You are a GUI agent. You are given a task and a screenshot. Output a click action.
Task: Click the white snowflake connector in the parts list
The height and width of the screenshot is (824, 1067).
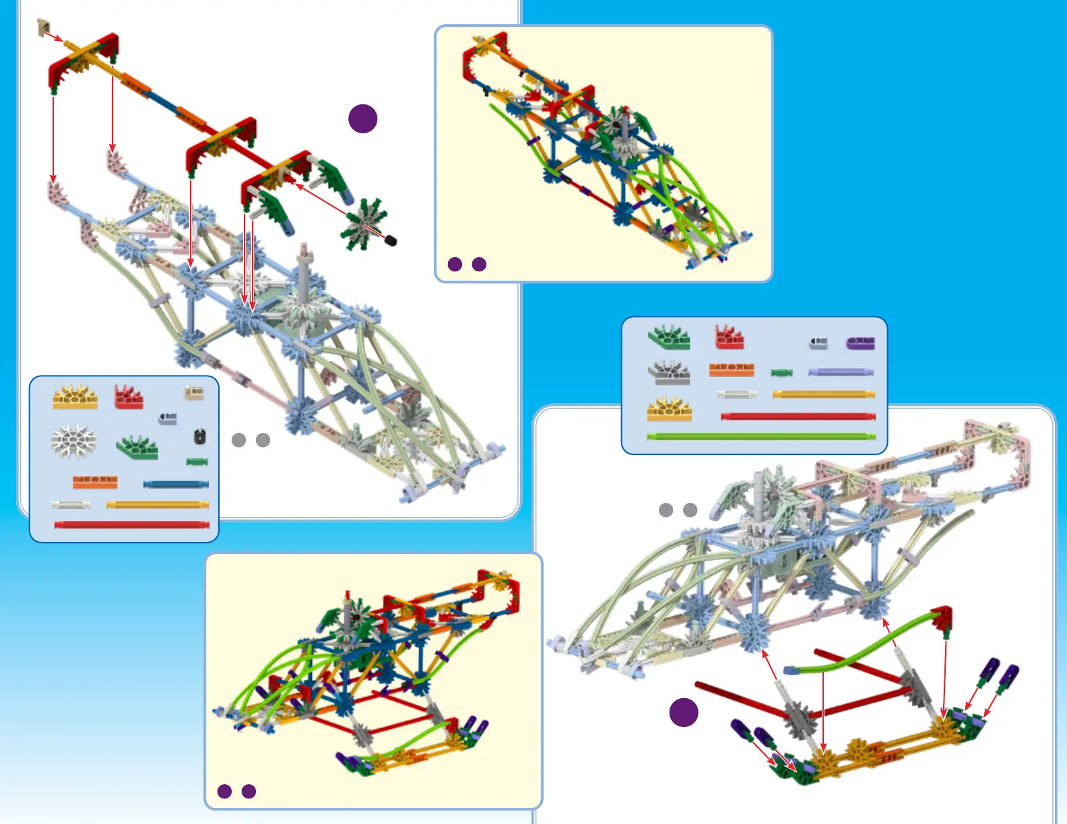pyautogui.click(x=73, y=442)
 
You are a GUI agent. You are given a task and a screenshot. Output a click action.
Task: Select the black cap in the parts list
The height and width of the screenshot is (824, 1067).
pyautogui.click(x=199, y=437)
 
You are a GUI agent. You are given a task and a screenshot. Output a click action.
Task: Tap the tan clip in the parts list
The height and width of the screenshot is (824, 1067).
pyautogui.click(x=194, y=393)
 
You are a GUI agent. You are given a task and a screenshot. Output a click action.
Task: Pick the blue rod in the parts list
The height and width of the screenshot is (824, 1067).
pyautogui.click(x=176, y=484)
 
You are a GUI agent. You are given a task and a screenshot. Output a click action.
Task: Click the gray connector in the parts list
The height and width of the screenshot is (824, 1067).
pyautogui.click(x=669, y=372)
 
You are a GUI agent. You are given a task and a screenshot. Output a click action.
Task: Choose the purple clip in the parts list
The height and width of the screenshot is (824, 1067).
pyautogui.click(x=860, y=343)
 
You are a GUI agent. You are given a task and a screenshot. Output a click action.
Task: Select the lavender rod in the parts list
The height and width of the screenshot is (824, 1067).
pyautogui.click(x=841, y=372)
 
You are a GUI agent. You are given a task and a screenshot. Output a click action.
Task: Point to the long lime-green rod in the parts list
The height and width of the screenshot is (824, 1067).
pyautogui.click(x=761, y=437)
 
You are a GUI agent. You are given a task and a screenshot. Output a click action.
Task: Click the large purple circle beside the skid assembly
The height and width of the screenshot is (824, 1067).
pyautogui.click(x=684, y=712)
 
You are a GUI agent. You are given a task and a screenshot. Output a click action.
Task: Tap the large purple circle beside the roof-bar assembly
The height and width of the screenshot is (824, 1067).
pyautogui.click(x=362, y=118)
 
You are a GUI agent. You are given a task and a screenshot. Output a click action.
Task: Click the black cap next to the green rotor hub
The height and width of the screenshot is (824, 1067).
pyautogui.click(x=391, y=240)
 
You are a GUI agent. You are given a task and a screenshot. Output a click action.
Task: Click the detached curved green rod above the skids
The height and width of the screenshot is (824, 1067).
pyautogui.click(x=862, y=643)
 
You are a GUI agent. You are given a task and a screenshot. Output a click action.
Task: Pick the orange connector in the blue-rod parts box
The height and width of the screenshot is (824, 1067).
pyautogui.click(x=95, y=482)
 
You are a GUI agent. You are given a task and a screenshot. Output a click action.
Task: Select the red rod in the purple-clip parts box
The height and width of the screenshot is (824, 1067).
pyautogui.click(x=798, y=417)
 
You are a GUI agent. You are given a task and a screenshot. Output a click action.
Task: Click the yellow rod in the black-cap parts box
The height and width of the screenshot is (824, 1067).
pyautogui.click(x=158, y=504)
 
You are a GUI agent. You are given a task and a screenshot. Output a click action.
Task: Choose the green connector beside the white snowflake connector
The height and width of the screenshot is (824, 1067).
pyautogui.click(x=137, y=446)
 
